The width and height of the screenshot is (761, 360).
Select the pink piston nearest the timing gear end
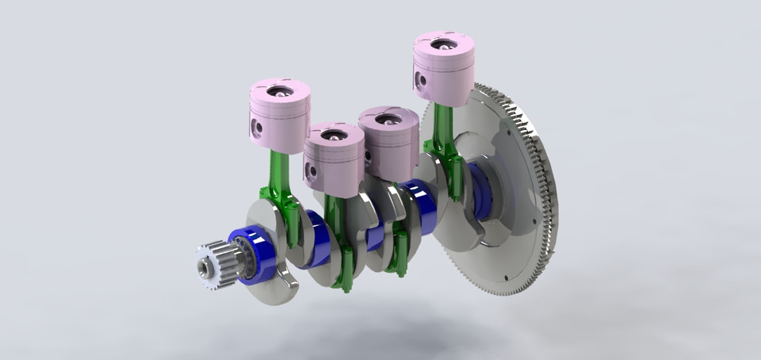point(280,115)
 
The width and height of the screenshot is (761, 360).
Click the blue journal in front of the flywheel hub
point(481,190)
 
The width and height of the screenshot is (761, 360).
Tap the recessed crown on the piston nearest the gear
point(279,91)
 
